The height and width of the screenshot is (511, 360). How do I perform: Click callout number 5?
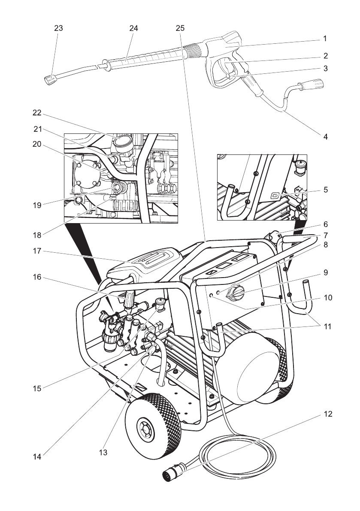click(326, 189)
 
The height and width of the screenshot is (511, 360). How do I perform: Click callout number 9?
click(326, 272)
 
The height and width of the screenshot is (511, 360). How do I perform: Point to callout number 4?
click(326, 137)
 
